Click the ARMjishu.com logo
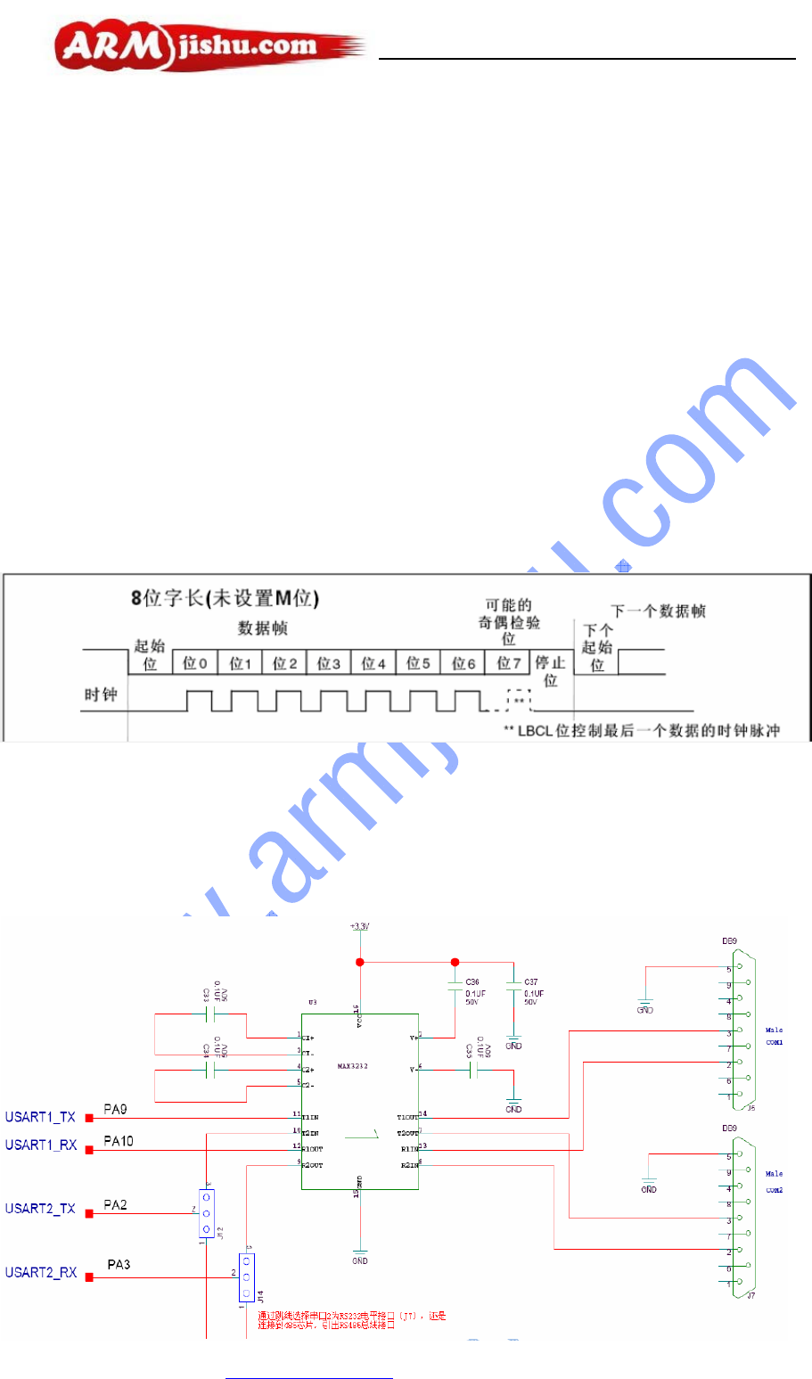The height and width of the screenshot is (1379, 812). [209, 46]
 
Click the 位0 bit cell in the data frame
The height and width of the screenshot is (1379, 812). [195, 663]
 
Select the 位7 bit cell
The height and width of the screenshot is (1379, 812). [509, 663]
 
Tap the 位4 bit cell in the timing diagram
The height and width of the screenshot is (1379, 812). [373, 663]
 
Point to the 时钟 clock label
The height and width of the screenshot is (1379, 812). [101, 694]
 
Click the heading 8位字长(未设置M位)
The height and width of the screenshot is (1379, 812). [225, 598]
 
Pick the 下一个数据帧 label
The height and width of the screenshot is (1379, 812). [658, 611]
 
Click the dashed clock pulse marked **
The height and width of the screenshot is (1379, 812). [518, 701]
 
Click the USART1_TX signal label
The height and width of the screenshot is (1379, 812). [40, 1117]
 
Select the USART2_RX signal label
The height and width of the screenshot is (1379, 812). [41, 1272]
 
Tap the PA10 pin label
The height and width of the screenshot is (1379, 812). [119, 1140]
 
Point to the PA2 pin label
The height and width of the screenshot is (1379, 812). [115, 1204]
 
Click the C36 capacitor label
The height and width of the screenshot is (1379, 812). [472, 982]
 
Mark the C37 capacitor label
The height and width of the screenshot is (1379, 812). [531, 982]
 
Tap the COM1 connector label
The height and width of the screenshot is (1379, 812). [774, 1042]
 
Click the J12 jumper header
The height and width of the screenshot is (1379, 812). [207, 1213]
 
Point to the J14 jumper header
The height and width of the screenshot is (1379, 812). [247, 1276]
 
